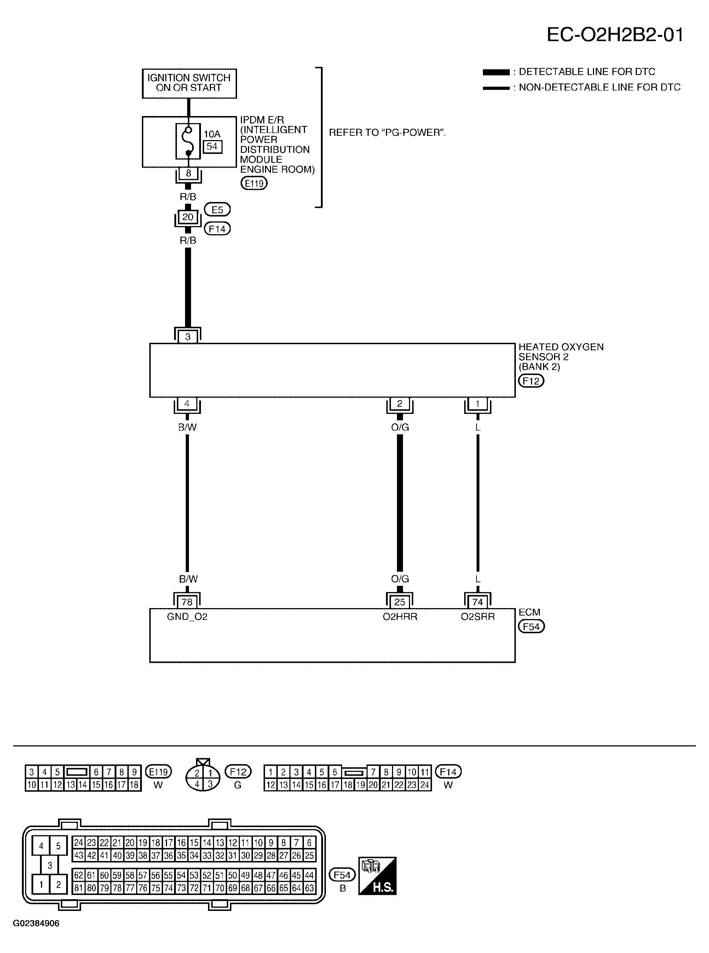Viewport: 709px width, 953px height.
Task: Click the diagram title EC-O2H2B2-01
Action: click(x=615, y=34)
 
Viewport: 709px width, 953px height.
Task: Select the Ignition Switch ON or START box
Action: click(x=189, y=83)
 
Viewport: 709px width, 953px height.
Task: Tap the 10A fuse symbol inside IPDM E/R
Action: click(x=188, y=141)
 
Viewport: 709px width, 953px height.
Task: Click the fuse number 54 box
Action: click(x=212, y=146)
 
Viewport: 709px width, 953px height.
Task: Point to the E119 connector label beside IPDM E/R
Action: click(x=254, y=184)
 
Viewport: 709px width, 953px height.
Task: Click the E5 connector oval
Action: click(x=217, y=210)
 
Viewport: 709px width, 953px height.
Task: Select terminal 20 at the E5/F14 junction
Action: click(x=188, y=217)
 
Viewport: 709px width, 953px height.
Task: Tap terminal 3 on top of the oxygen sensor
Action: click(x=188, y=337)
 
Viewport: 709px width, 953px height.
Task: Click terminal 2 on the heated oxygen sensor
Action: click(x=399, y=403)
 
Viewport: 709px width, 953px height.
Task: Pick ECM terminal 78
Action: click(x=187, y=602)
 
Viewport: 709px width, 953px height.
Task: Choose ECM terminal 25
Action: click(x=399, y=602)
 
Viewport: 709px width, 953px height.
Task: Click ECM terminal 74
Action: click(x=478, y=602)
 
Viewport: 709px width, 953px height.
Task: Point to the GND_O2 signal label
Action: click(x=187, y=617)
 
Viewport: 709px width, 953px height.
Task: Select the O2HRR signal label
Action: click(x=400, y=617)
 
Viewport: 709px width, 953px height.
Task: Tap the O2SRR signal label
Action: click(x=478, y=617)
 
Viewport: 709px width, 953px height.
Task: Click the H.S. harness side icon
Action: click(x=377, y=876)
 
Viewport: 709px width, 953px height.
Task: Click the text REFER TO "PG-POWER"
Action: click(x=387, y=133)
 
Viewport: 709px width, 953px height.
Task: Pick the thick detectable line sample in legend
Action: click(x=496, y=72)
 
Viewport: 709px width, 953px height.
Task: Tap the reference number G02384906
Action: click(x=36, y=923)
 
